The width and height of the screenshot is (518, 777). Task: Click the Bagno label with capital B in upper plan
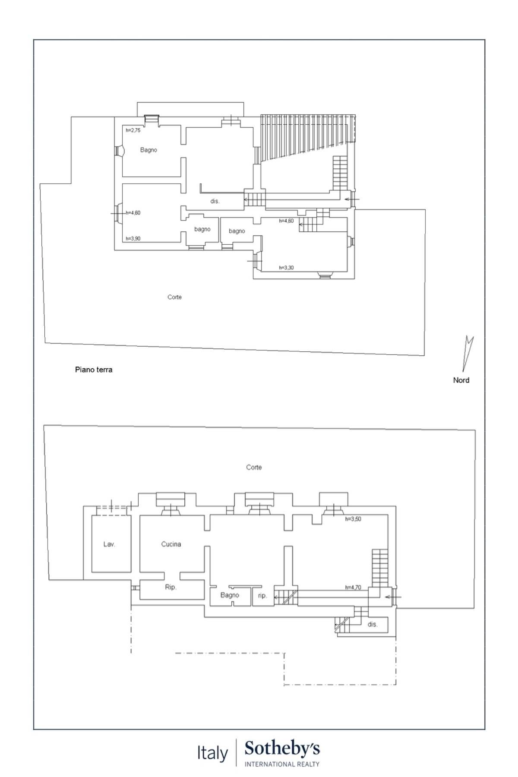pos(148,150)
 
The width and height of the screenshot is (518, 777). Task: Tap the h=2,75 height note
pos(133,130)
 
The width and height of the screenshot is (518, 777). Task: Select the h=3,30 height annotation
pos(286,268)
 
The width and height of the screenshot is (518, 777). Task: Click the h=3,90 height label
pos(133,238)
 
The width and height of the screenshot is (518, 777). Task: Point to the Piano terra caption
pos(94,370)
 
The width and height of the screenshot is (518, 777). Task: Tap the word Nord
pos(461,380)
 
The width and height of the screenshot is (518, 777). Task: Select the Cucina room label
pos(171,544)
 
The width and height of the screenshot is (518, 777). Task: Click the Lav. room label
pos(109,544)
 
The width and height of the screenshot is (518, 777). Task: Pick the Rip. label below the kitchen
pos(171,587)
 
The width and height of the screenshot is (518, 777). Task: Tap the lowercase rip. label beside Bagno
pos(262,596)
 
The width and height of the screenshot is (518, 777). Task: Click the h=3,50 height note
pos(353,519)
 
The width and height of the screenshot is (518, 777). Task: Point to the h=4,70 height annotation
pos(353,587)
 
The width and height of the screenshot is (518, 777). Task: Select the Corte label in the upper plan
pos(174,297)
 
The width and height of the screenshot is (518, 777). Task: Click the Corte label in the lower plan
pos(254,467)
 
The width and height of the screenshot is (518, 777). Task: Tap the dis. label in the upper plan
pos(215,201)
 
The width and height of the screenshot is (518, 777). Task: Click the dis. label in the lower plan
pos(373,624)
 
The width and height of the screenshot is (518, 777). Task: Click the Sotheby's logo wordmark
pos(282,749)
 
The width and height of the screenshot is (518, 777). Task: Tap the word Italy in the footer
pos(212,753)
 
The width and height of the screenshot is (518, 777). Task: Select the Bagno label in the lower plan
pos(230,595)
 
